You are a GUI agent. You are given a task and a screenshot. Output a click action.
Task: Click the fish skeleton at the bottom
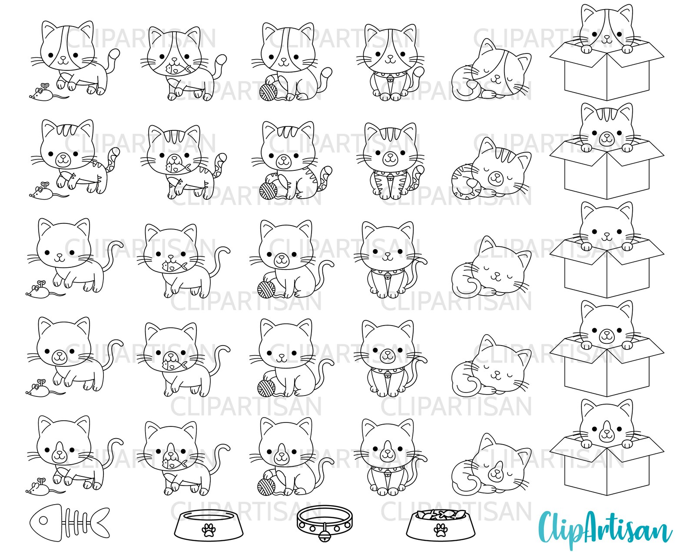pyautogui.click(x=70, y=522)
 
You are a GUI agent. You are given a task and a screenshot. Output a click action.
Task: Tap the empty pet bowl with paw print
pyautogui.click(x=208, y=525)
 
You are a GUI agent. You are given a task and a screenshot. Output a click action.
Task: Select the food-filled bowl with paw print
pyautogui.click(x=441, y=525)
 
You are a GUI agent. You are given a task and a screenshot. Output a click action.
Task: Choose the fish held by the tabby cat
pyautogui.click(x=176, y=166)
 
